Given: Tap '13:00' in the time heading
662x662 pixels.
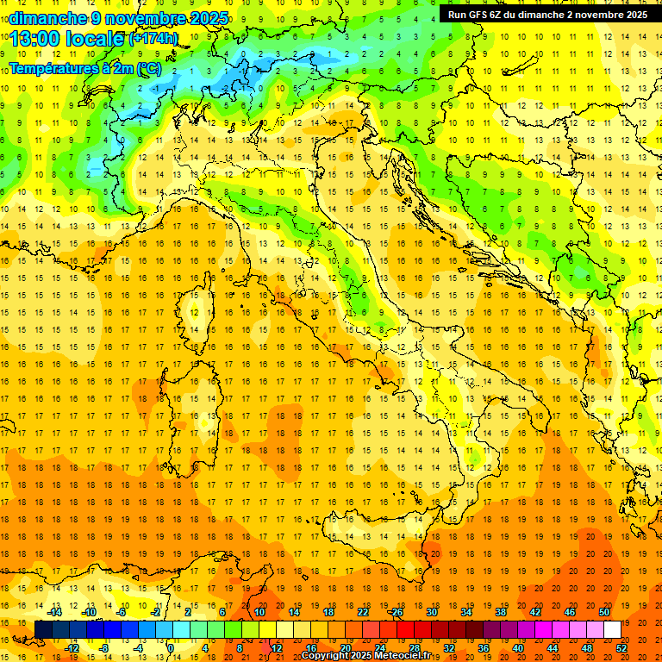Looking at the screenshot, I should pyautogui.click(x=35, y=38).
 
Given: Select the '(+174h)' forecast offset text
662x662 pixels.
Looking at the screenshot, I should pyautogui.click(x=153, y=39).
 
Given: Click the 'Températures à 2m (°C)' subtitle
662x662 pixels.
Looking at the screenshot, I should pyautogui.click(x=84, y=68).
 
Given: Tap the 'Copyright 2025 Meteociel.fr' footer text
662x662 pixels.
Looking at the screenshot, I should pyautogui.click(x=365, y=656).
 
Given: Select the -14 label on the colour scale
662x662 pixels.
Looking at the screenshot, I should pyautogui.click(x=55, y=611).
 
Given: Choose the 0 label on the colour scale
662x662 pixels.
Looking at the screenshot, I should pyautogui.click(x=170, y=648).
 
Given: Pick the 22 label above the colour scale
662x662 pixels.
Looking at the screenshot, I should pyautogui.click(x=363, y=611).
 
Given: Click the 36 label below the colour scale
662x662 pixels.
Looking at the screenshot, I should pyautogui.click(x=483, y=648).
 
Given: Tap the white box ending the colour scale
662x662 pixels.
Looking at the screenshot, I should pyautogui.click(x=612, y=630).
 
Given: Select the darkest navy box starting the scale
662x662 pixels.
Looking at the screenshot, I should pyautogui.click(x=43, y=630).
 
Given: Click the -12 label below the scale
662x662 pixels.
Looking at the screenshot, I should pyautogui.click(x=72, y=648).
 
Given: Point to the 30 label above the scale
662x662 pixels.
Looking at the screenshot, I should pyautogui.click(x=432, y=611).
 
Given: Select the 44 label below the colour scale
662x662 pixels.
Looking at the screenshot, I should pyautogui.click(x=553, y=648).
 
